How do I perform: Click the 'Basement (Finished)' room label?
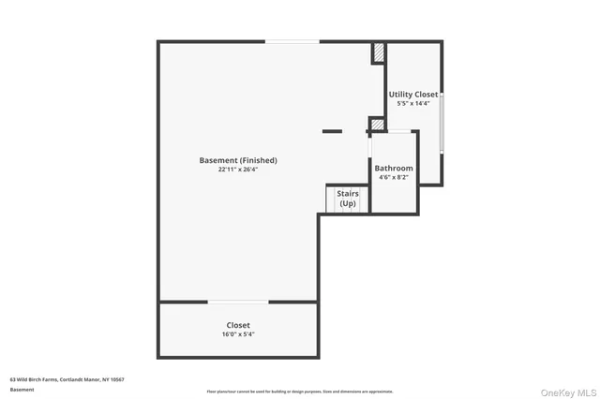(238, 160)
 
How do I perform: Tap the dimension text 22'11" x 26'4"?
(238, 170)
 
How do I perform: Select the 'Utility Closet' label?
(413, 95)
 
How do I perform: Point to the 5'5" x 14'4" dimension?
(413, 103)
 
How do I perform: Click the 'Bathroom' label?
(394, 169)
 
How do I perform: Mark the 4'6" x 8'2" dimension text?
(394, 177)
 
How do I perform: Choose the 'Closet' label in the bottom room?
(238, 325)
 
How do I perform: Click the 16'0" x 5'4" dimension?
(238, 334)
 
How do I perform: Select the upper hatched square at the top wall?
(379, 53)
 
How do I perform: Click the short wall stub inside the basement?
(332, 130)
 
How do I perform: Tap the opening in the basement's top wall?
(292, 41)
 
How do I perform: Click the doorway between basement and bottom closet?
(238, 302)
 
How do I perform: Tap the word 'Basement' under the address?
(21, 388)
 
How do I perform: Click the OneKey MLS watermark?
(568, 391)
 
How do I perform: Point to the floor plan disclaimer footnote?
(300, 392)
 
